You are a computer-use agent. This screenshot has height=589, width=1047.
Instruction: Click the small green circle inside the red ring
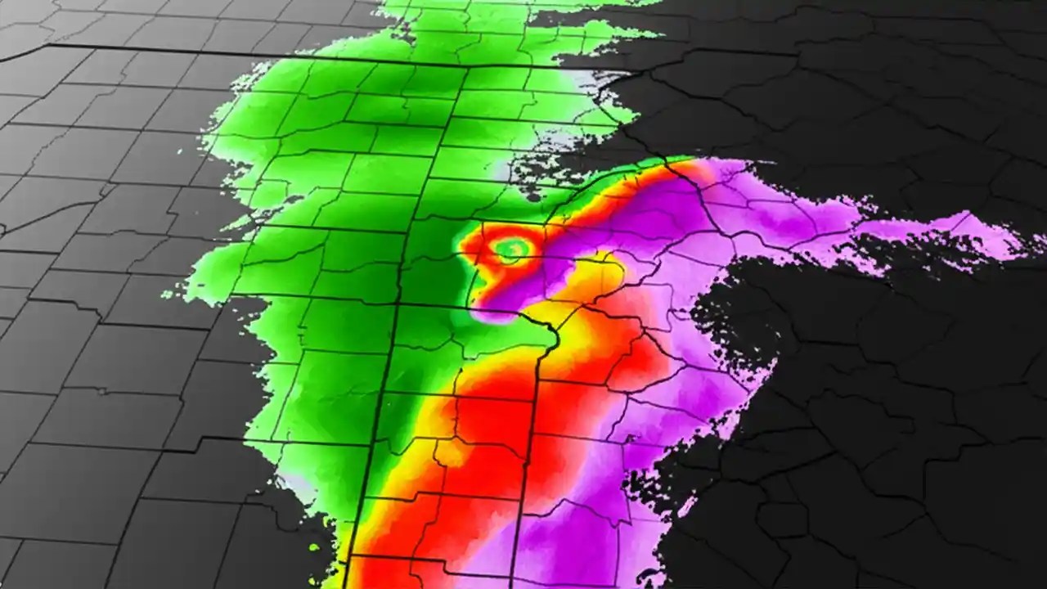(512, 249)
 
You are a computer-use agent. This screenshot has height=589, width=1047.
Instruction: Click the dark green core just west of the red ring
(434, 262)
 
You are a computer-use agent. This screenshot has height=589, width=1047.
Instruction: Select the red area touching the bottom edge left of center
(384, 573)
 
